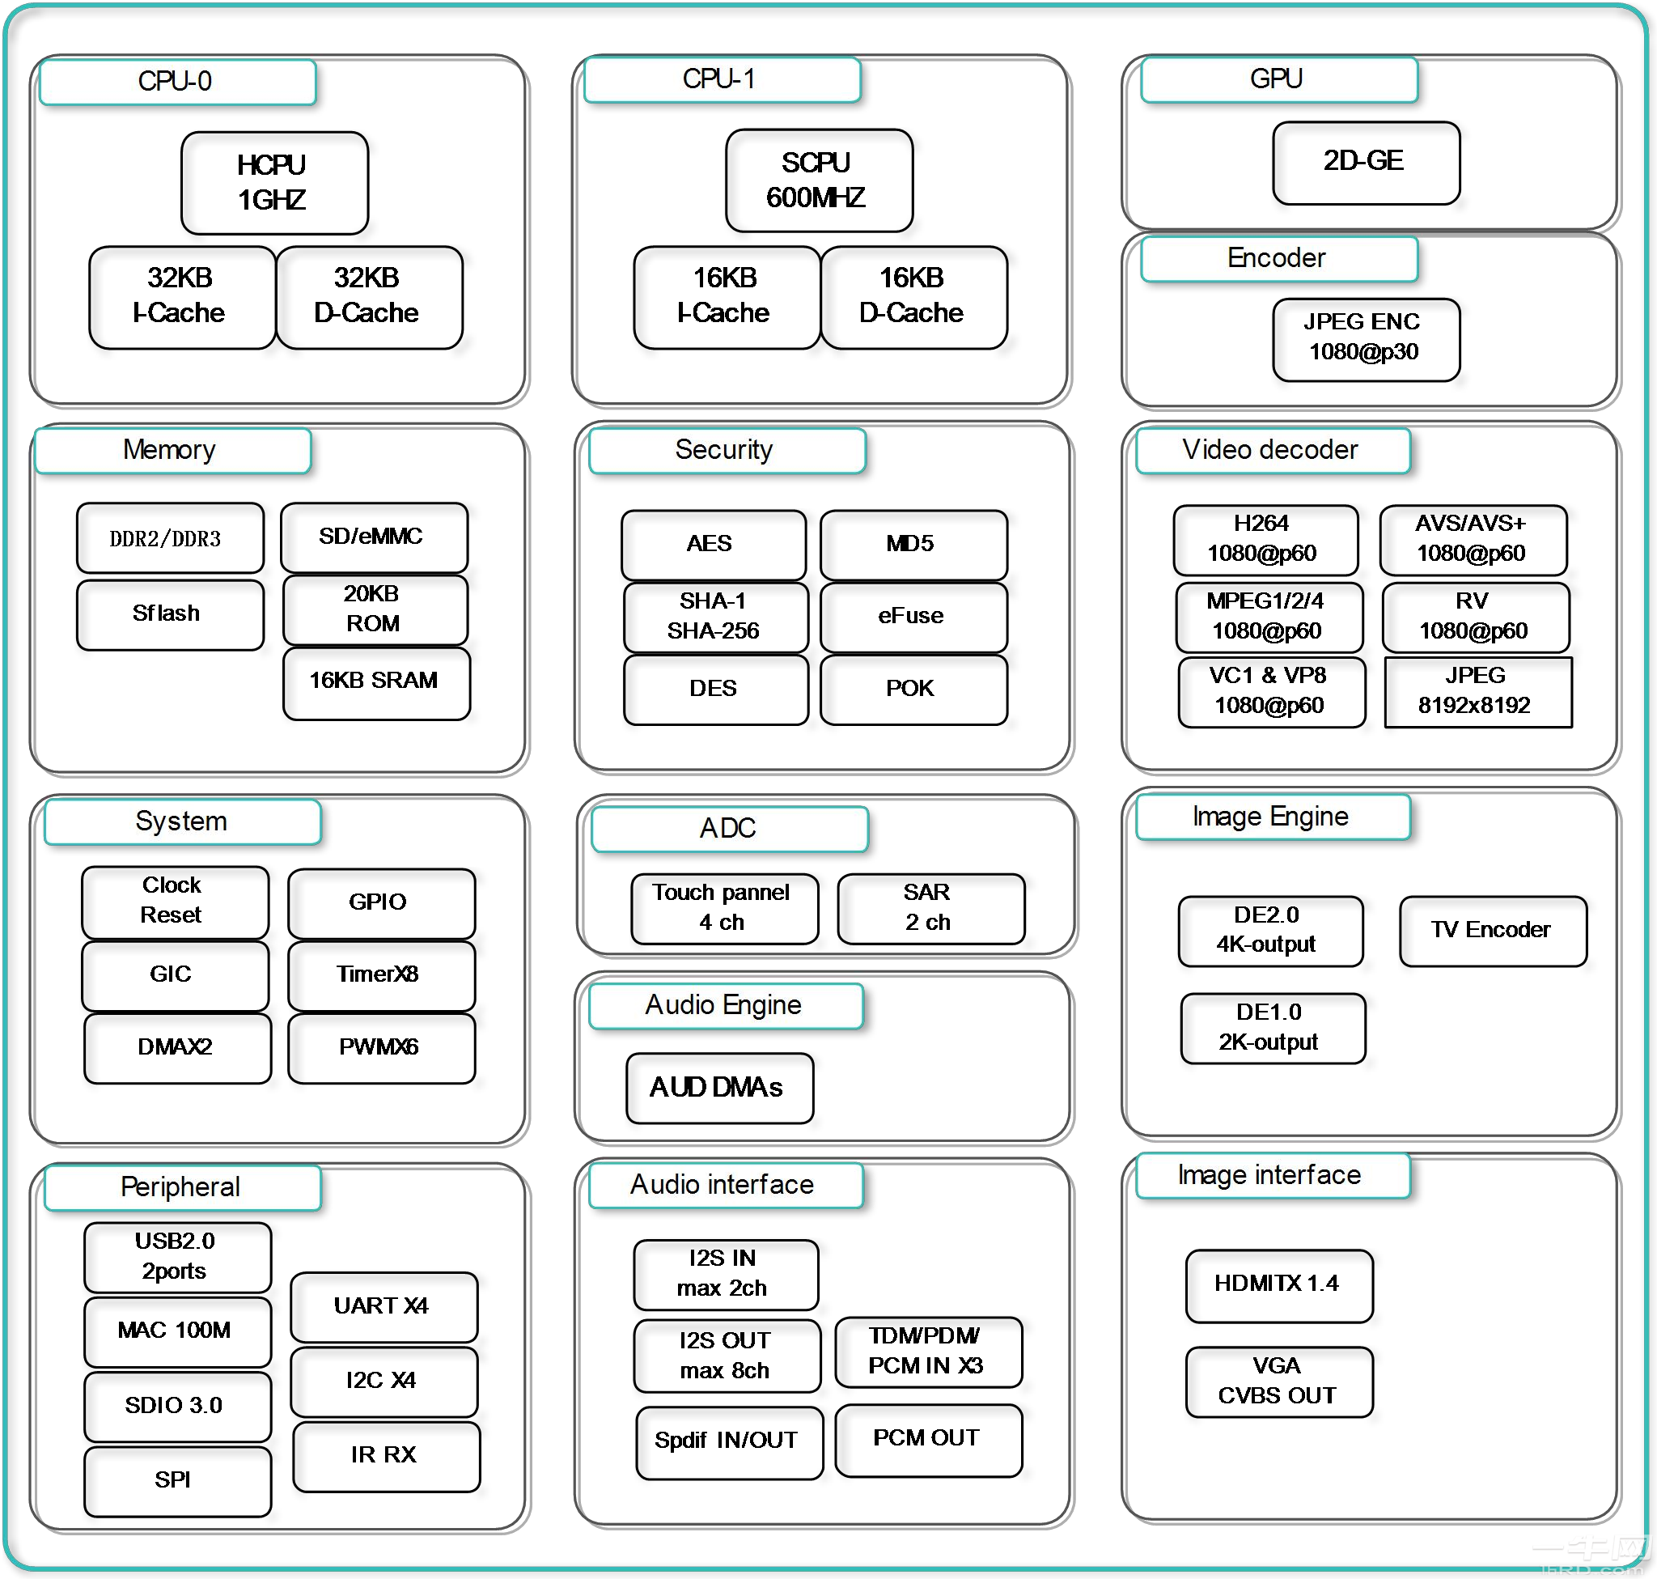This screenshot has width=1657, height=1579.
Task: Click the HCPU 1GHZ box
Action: coord(274,183)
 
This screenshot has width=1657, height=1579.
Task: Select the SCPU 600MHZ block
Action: coord(818,180)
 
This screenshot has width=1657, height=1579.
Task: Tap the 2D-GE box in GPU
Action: coord(1365,163)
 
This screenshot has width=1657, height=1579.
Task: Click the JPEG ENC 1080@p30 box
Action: coord(1365,339)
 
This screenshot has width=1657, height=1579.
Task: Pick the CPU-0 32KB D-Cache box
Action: coord(369,296)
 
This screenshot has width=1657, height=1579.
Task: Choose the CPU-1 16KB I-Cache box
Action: coord(726,296)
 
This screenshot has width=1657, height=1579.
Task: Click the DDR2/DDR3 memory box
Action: coord(169,537)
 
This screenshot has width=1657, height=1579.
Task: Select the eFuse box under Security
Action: coord(912,616)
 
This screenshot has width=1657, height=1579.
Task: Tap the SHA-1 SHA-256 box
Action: coord(714,616)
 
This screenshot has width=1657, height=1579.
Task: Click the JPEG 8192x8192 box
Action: coord(1477,691)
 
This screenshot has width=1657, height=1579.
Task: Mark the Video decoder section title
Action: coord(1272,450)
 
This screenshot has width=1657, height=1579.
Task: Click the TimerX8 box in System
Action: coord(380,974)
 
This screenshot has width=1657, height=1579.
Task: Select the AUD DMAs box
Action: coord(718,1088)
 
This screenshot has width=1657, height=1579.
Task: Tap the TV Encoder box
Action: coord(1492,930)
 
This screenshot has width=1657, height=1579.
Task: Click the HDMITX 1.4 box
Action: coord(1278,1284)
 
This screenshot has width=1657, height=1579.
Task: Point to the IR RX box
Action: coord(385,1455)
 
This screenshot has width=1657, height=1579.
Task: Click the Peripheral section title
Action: coord(182,1187)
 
